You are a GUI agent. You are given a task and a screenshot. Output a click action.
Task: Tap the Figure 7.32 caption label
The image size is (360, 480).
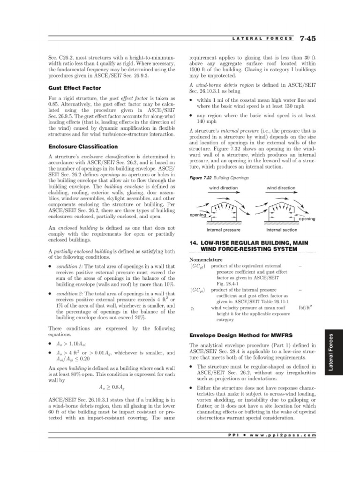201,178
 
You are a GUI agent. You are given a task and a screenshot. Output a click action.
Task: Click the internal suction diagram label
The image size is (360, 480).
281,230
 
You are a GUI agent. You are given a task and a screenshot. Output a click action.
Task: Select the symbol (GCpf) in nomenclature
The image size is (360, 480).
197,266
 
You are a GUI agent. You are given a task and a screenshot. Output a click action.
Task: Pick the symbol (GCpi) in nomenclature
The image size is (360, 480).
197,290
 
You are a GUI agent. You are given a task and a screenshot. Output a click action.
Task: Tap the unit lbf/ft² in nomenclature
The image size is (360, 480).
305,308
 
